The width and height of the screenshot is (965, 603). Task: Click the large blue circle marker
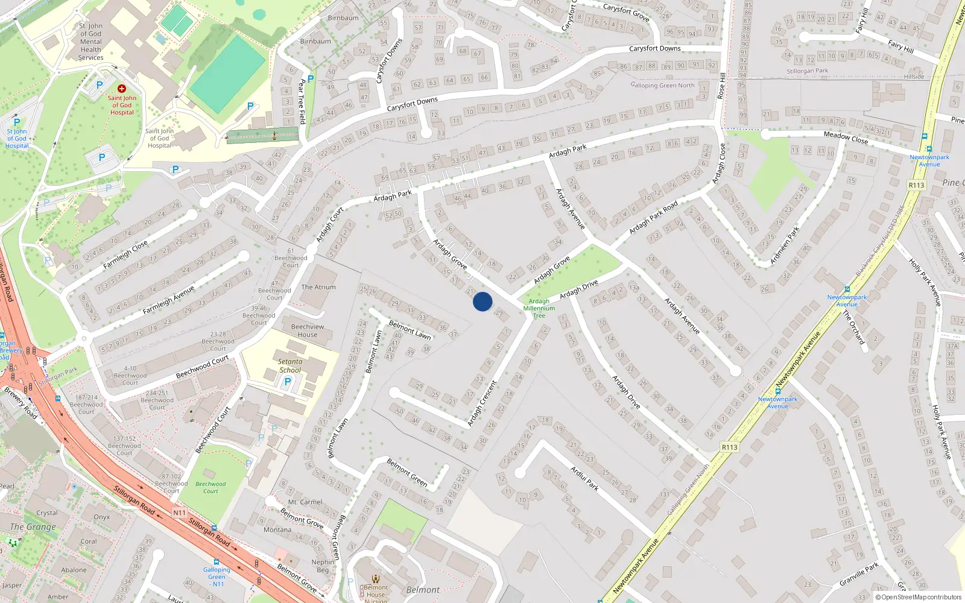[482, 301]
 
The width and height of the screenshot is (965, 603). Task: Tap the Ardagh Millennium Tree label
[539, 308]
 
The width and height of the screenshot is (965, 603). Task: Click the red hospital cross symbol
[122, 89]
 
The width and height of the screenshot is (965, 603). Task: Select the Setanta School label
[290, 366]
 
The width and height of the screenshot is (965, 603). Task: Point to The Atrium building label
[318, 287]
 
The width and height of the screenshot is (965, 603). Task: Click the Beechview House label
[308, 330]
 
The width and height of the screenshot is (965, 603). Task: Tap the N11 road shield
[179, 513]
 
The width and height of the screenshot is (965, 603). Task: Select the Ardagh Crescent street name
[482, 403]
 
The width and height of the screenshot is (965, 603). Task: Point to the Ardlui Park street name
[584, 478]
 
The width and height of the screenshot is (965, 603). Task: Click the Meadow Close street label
[846, 137]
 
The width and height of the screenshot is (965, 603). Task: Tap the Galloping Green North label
[662, 85]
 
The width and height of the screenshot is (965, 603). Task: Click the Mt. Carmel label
[305, 502]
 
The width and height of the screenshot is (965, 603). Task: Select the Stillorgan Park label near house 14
[807, 71]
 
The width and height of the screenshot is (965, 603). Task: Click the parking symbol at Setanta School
[288, 381]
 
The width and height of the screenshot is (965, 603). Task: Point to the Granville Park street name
[859, 574]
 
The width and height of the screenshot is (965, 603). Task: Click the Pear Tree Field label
[302, 101]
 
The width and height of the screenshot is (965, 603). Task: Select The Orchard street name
[853, 327]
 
